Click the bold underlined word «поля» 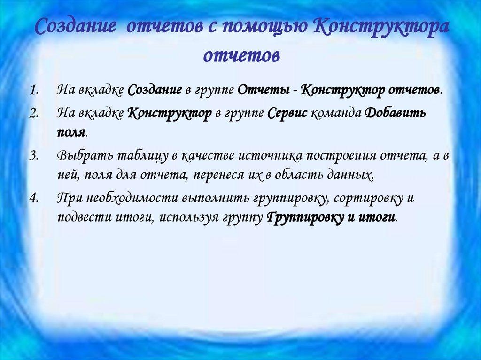71,132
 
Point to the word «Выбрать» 82,156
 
